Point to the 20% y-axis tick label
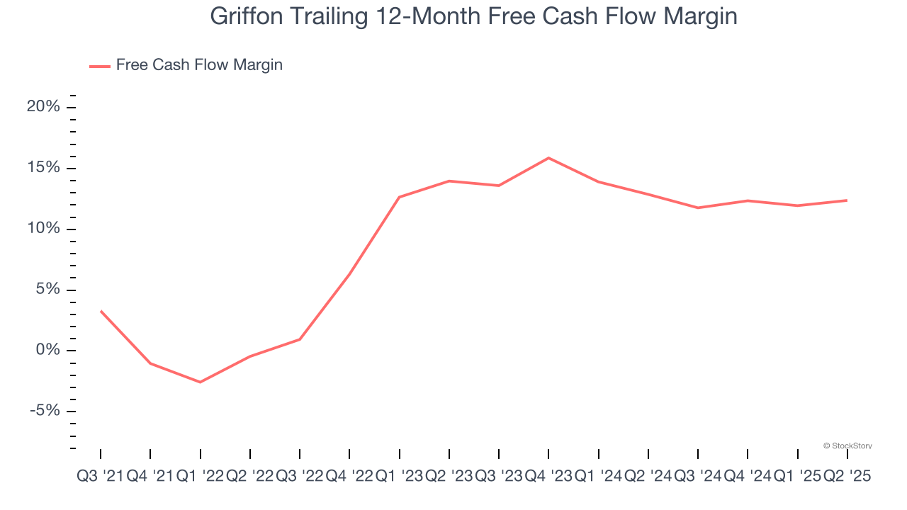(43, 107)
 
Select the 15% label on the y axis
(43, 168)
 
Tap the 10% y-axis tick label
(43, 229)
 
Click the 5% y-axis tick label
(47, 290)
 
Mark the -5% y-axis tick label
(44, 412)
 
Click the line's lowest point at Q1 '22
(201, 382)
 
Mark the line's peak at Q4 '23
(548, 158)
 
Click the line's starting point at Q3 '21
(101, 311)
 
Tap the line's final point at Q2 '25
(847, 200)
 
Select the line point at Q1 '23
(400, 197)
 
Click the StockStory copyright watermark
(847, 446)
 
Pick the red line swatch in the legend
(99, 66)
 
